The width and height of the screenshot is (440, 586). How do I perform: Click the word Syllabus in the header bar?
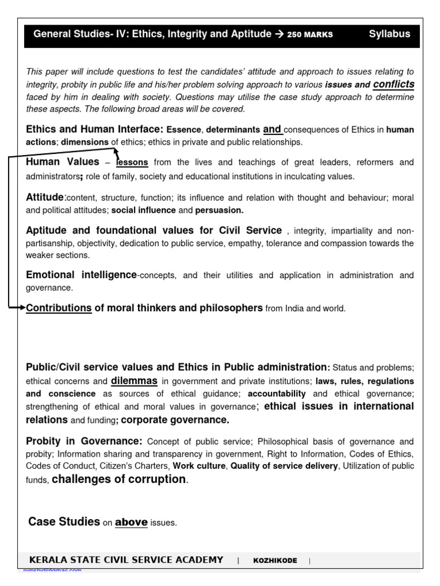pyautogui.click(x=389, y=34)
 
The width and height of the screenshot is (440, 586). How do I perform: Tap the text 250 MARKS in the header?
pyautogui.click(x=309, y=34)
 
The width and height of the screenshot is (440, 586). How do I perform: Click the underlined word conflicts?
pyautogui.click(x=394, y=85)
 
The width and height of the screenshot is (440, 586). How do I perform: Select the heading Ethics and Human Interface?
pyautogui.click(x=95, y=129)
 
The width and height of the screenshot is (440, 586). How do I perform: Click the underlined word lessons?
pyautogui.click(x=132, y=163)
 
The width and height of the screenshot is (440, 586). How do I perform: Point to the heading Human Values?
pyautogui.click(x=62, y=162)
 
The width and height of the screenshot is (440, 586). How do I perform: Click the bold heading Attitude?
pyautogui.click(x=46, y=197)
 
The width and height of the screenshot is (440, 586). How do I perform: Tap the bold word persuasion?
pyautogui.click(x=219, y=210)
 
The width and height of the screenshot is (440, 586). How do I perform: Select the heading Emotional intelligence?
pyautogui.click(x=81, y=275)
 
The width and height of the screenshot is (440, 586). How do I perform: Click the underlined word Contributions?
pyautogui.click(x=59, y=308)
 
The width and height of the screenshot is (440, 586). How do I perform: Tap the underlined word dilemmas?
pyautogui.click(x=134, y=380)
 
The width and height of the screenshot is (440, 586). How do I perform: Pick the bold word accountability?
pyautogui.click(x=277, y=394)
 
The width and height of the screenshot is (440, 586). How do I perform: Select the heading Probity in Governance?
pyautogui.click(x=84, y=441)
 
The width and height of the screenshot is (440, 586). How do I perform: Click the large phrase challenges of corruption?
pyautogui.click(x=119, y=480)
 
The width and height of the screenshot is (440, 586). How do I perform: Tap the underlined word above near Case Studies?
pyautogui.click(x=131, y=522)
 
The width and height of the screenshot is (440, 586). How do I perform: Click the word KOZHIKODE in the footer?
pyautogui.click(x=275, y=561)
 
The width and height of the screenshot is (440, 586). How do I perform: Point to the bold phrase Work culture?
pyautogui.click(x=199, y=466)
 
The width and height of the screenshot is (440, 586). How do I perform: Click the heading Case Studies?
pyautogui.click(x=64, y=521)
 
